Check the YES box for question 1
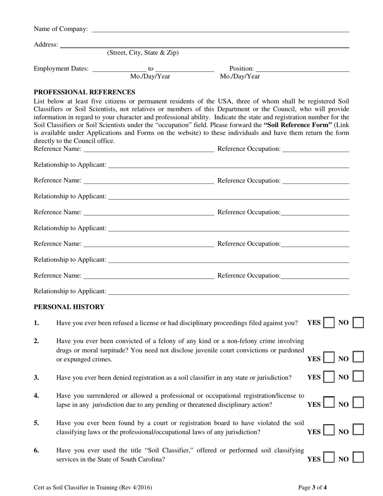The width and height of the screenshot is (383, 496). [x=329, y=323]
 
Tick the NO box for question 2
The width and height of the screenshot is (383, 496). [x=358, y=357]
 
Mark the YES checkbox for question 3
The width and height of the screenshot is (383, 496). [x=329, y=377]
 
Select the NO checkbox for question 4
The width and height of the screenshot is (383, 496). [x=358, y=402]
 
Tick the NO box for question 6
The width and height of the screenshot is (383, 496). [x=358, y=457]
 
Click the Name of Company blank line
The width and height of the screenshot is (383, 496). [x=220, y=31]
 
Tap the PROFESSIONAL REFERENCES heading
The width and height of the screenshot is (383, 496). [x=84, y=92]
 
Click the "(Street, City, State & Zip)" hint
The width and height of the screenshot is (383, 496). [x=143, y=53]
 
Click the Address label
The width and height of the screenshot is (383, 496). [x=46, y=44]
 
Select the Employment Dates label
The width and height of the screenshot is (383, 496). [x=61, y=69]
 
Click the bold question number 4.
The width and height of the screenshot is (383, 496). [x=36, y=396]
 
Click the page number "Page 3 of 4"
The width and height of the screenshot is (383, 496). [x=312, y=488]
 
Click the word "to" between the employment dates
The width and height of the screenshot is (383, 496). [x=151, y=69]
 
